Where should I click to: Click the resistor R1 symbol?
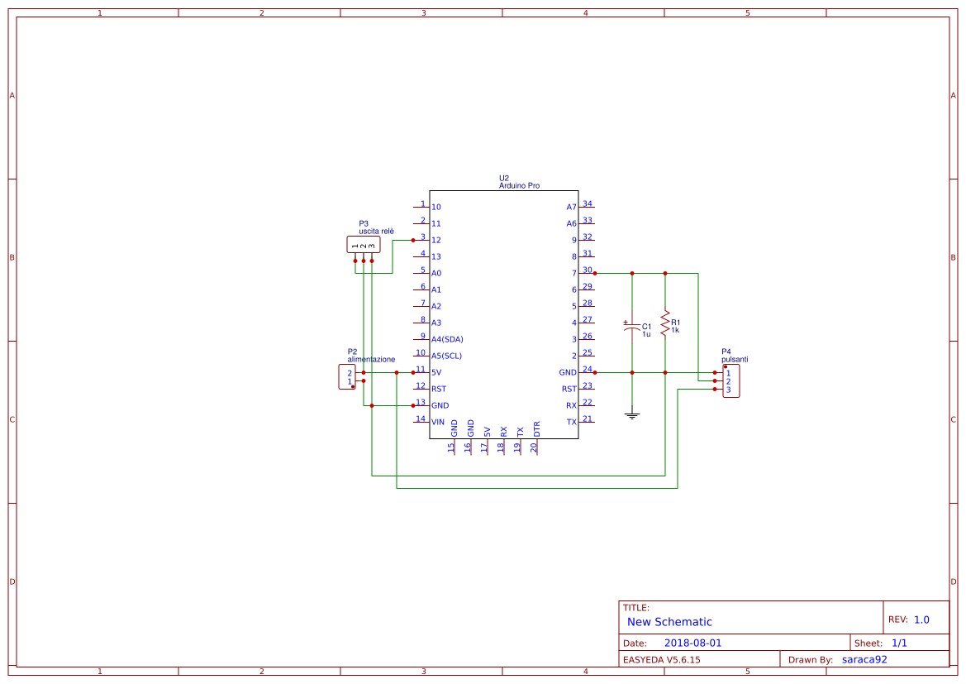point(665,322)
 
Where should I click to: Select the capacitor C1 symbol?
point(632,328)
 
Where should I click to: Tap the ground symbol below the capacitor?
point(632,415)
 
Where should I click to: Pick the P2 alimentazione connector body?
point(346,376)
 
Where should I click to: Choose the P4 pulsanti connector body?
point(731,381)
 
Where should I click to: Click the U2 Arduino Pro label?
point(519,186)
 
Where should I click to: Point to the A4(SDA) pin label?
point(447,339)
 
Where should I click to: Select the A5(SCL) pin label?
point(446,356)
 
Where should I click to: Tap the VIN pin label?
point(438,422)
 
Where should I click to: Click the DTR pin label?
point(536,429)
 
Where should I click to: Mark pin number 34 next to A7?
point(588,203)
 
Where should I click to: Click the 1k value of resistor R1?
point(675,330)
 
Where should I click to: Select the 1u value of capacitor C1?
point(646,334)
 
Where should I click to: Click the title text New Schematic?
point(669,622)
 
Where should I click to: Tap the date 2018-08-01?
point(692,643)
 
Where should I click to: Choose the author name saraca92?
point(864,659)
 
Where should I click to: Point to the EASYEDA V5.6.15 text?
point(661,659)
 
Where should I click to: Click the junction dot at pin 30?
point(595,273)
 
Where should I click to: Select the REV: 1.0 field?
point(909,619)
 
